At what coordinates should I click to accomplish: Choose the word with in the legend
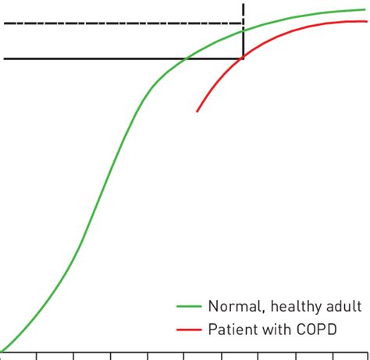click(276, 330)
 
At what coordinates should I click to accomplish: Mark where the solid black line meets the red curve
click(244, 58)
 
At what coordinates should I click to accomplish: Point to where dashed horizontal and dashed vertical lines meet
click(244, 23)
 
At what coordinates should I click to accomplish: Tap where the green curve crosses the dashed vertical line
click(244, 30)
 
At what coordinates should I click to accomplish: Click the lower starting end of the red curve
click(197, 112)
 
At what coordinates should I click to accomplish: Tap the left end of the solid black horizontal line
click(5, 58)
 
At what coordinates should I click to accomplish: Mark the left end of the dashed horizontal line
click(5, 23)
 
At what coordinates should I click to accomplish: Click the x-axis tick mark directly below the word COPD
click(333, 355)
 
